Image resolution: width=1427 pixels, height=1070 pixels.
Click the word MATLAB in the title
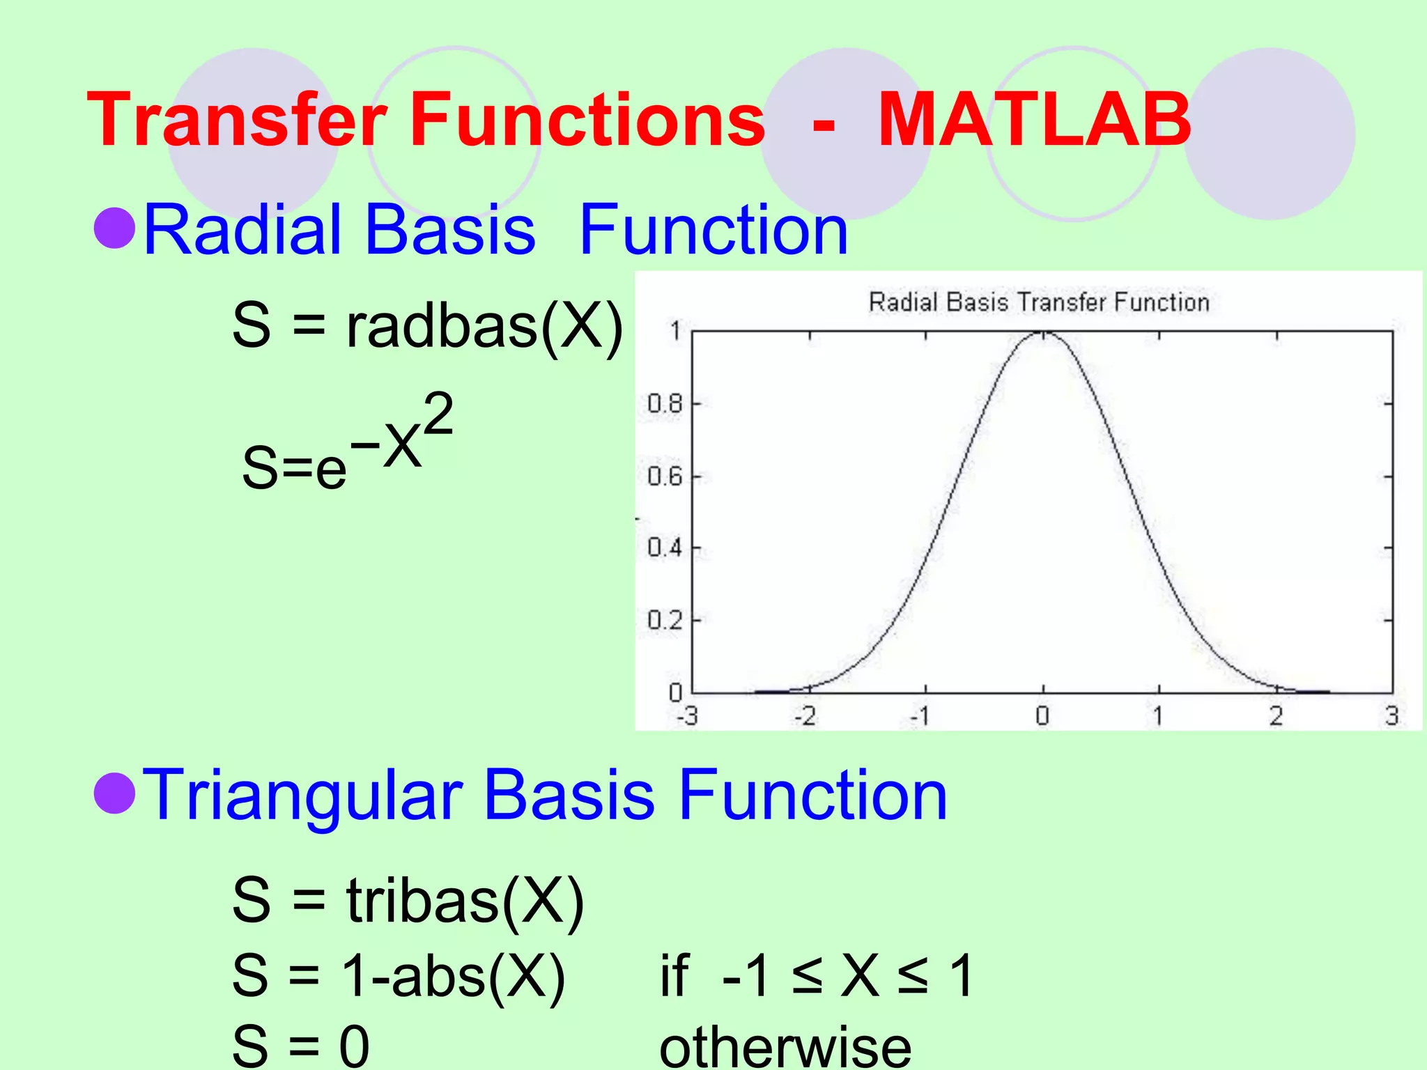click(1034, 121)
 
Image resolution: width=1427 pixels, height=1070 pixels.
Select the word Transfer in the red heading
click(237, 121)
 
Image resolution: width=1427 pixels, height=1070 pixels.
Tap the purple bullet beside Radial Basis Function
click(115, 228)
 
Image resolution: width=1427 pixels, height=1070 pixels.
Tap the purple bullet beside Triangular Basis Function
click(115, 793)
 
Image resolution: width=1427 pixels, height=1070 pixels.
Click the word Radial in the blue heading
click(240, 230)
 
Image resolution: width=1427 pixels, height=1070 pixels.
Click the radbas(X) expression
click(484, 326)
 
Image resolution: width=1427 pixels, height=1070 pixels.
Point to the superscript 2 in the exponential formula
click(438, 414)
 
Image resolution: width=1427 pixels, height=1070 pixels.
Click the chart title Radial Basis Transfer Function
click(1038, 302)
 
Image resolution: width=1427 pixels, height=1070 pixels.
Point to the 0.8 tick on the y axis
click(665, 403)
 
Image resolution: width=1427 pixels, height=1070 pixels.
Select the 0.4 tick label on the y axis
click(665, 548)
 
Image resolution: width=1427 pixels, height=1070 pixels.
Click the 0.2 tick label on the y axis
click(665, 619)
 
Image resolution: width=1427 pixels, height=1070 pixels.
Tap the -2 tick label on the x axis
click(805, 715)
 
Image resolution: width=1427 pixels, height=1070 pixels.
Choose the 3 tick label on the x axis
click(1391, 715)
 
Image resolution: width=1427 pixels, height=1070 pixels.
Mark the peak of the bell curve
click(1043, 334)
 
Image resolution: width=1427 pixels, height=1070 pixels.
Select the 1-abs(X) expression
click(453, 975)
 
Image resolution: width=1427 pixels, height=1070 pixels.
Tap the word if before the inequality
click(674, 975)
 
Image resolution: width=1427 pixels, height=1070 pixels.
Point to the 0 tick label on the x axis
click(1042, 715)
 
